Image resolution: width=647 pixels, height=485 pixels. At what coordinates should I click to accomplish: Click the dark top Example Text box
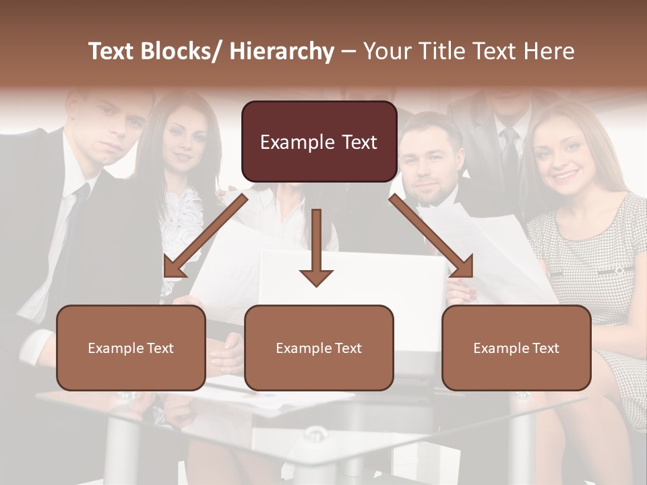pyautogui.click(x=319, y=142)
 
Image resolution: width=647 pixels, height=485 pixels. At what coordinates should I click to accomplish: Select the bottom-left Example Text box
pyautogui.click(x=131, y=348)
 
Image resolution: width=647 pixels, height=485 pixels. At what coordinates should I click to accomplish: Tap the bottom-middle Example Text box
pyautogui.click(x=319, y=348)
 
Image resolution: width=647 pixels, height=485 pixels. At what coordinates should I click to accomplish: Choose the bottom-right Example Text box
pyautogui.click(x=516, y=348)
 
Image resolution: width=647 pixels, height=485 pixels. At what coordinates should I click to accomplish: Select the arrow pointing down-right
pyautogui.click(x=431, y=236)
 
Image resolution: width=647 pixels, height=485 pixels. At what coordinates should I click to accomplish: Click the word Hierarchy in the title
pyautogui.click(x=282, y=51)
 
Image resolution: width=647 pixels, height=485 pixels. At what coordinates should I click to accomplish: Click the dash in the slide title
pyautogui.click(x=348, y=52)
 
